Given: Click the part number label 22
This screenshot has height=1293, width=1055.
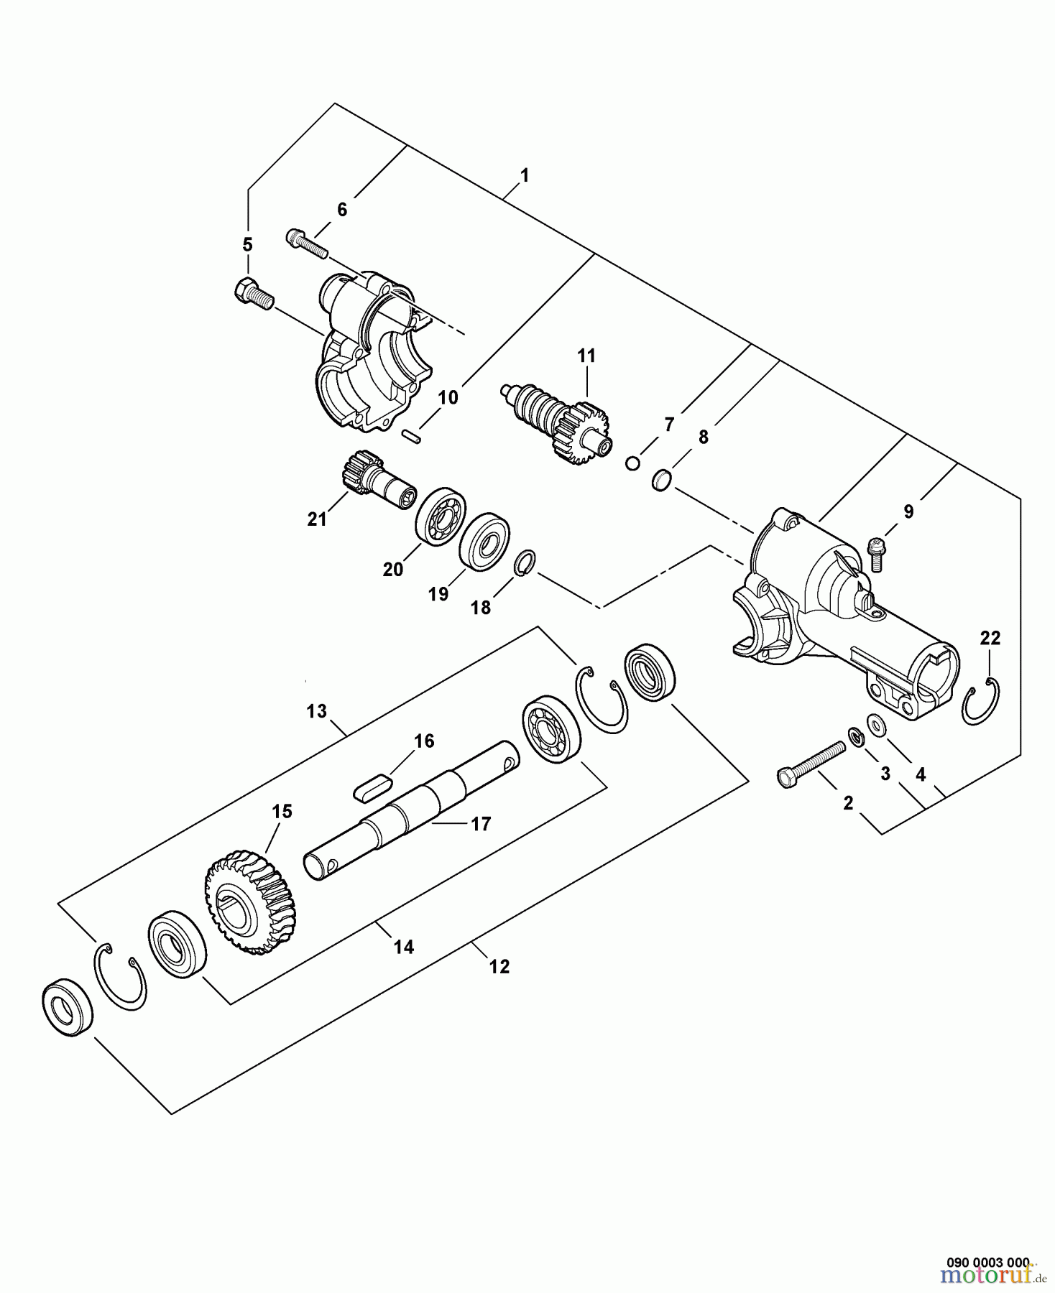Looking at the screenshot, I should click(990, 638).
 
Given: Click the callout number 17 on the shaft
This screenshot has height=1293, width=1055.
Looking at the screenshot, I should click(481, 824).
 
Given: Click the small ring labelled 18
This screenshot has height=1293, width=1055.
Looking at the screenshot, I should click(525, 562).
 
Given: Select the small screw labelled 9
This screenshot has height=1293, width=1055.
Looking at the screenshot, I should click(876, 552).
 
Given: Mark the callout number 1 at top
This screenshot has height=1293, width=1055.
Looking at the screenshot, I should click(524, 175).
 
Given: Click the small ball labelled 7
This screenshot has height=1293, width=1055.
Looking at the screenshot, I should click(632, 463).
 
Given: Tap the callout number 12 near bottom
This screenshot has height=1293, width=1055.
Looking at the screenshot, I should click(499, 967).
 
